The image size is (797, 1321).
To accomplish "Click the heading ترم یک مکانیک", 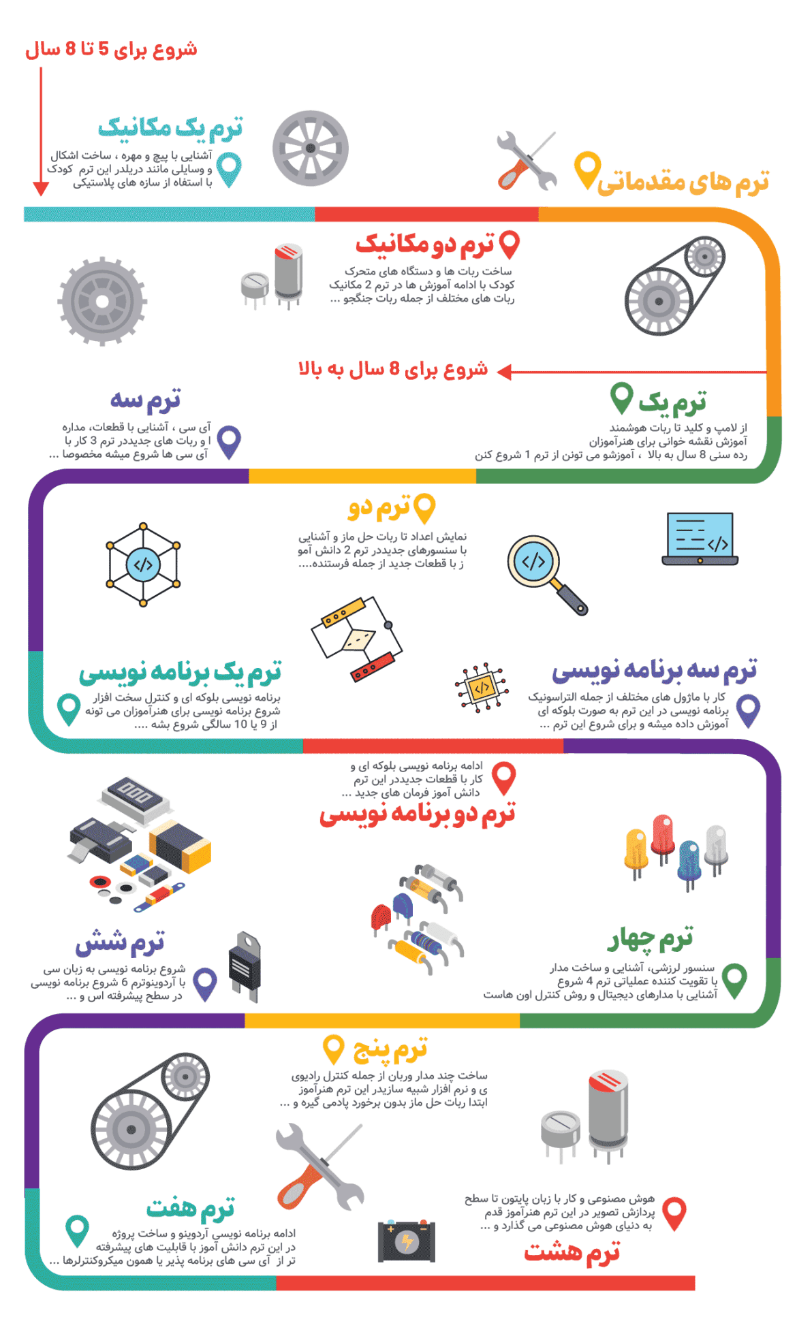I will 170,128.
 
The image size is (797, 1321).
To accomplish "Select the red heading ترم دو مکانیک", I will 424,245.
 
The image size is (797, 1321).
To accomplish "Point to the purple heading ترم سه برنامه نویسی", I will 654,671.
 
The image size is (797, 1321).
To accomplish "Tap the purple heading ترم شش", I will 120,942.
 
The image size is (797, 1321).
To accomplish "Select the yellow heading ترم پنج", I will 390,1049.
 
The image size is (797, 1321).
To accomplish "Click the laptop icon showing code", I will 700,539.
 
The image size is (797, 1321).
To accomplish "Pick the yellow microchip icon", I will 482,688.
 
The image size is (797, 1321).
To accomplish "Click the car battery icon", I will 407,1241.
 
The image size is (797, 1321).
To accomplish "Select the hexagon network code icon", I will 143,564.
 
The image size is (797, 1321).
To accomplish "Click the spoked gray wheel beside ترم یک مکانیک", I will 310,148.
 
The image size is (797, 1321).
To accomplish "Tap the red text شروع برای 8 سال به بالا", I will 393,370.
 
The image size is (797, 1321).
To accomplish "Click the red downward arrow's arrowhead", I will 41,189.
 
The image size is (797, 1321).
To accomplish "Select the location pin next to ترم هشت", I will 674,1213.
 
